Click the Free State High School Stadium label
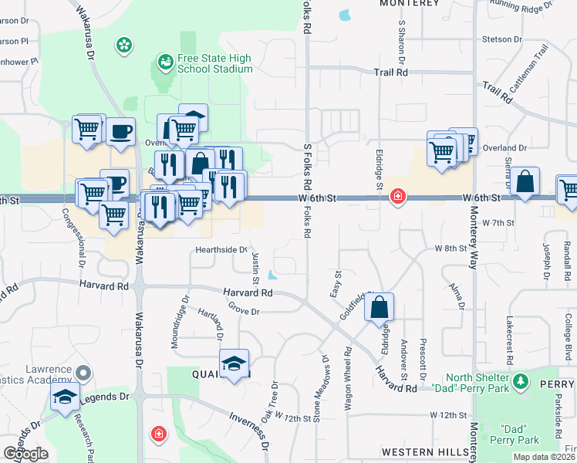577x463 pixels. coord(215,63)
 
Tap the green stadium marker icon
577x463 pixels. coord(164,60)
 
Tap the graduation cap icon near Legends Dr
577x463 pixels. coord(66,397)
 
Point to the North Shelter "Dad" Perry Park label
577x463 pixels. coord(472,382)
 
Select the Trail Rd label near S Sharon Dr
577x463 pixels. coord(390,72)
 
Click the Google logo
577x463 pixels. coord(25,453)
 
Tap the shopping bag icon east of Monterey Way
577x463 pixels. coord(525,182)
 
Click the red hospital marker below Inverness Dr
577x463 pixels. coord(159,434)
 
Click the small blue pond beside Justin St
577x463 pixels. coord(272,275)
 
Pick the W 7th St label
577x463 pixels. coord(498,222)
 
